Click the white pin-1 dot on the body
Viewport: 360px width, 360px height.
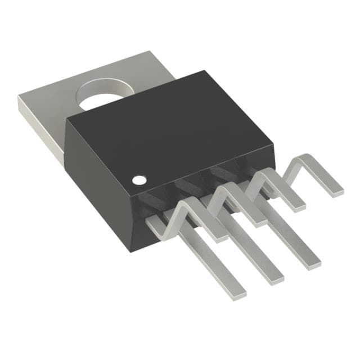(x=138, y=181)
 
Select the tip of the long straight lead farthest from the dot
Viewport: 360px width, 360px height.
(x=314, y=262)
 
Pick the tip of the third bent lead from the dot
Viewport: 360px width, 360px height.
(x=298, y=205)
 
